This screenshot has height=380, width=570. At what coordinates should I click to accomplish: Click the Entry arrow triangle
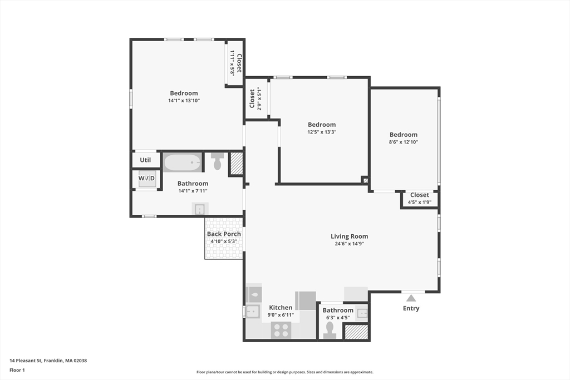[x=411, y=298]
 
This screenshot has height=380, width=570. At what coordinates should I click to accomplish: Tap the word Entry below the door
[x=411, y=308]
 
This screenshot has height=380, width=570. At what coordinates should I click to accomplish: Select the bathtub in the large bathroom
[x=182, y=163]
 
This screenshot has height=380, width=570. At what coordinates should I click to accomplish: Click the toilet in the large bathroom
[x=217, y=162]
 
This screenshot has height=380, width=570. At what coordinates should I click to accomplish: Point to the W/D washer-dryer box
[x=147, y=178]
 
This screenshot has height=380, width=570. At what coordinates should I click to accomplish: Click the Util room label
[x=145, y=160]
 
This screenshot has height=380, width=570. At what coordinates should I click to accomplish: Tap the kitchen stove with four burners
[x=281, y=330]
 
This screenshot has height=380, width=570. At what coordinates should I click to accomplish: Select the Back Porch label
[x=224, y=234]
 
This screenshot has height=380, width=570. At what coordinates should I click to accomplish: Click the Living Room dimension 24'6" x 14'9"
[x=349, y=244]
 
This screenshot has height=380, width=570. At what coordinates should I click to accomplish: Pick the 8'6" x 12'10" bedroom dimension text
[x=404, y=142]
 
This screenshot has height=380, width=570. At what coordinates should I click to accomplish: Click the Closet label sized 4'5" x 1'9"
[x=419, y=195]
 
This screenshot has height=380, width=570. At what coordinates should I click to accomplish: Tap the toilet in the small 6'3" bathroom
[x=330, y=329]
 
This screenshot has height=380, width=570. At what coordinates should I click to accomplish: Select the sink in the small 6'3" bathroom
[x=362, y=313]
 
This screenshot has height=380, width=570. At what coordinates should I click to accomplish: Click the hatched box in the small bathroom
[x=356, y=332]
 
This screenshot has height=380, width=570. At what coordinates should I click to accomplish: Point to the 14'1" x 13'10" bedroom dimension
[x=184, y=101]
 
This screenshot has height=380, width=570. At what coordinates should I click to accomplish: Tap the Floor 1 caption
[x=17, y=369]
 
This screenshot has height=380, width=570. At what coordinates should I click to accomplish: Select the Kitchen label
[x=281, y=308]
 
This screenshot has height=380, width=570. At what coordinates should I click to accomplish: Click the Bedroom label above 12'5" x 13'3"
[x=322, y=125]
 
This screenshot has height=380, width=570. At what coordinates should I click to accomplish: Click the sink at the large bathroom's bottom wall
[x=200, y=209]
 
